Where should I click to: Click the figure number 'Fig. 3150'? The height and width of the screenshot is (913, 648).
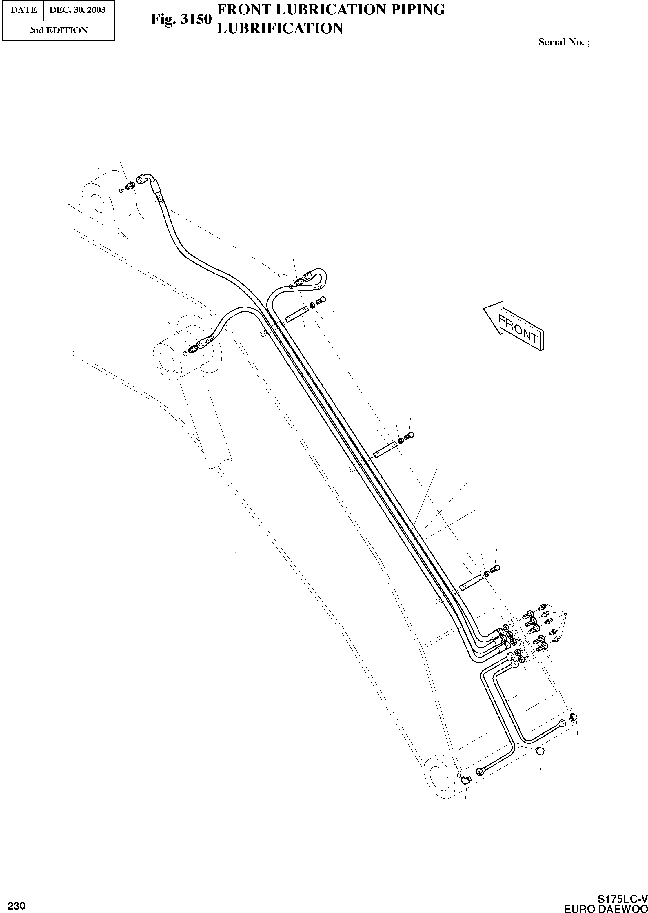pyautogui.click(x=181, y=19)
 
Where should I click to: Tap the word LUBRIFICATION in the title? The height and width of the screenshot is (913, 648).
pyautogui.click(x=280, y=28)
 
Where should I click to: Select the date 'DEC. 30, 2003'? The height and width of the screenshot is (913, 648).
pyautogui.click(x=77, y=10)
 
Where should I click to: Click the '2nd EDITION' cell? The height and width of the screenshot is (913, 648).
pyautogui.click(x=58, y=30)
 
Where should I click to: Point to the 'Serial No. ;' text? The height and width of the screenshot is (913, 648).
pyautogui.click(x=564, y=42)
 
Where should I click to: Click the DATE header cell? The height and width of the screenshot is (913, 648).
pyautogui.click(x=23, y=10)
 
